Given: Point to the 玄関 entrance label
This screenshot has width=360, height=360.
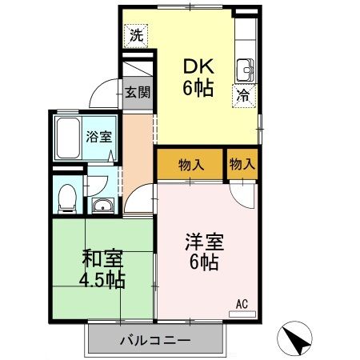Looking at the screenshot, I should (x=137, y=91).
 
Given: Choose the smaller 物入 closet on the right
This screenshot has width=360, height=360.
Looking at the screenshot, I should (x=242, y=165).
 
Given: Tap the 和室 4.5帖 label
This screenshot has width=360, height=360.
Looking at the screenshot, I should (x=102, y=269).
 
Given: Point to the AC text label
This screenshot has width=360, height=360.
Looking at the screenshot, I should (x=242, y=303).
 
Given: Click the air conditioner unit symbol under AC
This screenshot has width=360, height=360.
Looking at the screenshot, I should (x=242, y=314).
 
